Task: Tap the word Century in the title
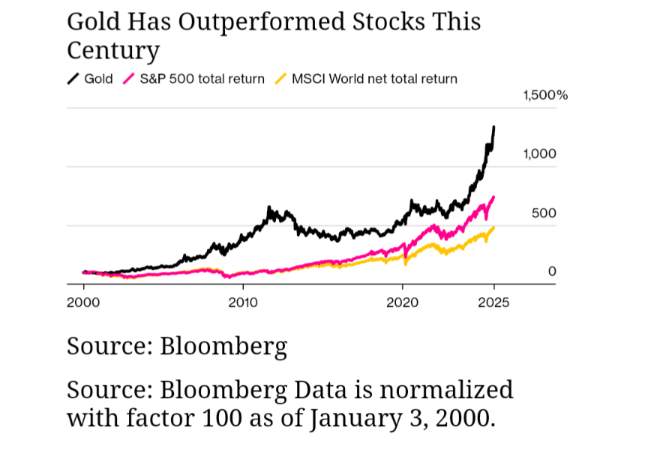(x=113, y=50)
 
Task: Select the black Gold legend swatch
(x=73, y=79)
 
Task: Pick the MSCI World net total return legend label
(x=373, y=79)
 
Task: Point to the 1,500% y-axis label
(x=545, y=95)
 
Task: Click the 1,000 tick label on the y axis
(x=540, y=154)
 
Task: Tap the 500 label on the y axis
(x=544, y=213)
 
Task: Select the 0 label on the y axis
(x=552, y=271)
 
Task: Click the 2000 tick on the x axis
(x=83, y=302)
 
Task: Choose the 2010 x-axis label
(x=242, y=302)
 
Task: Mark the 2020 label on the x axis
(x=403, y=302)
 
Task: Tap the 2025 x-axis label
(x=493, y=302)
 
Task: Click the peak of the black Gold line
(x=493, y=127)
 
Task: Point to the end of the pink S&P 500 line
(x=493, y=197)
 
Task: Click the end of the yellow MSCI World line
(x=493, y=228)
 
